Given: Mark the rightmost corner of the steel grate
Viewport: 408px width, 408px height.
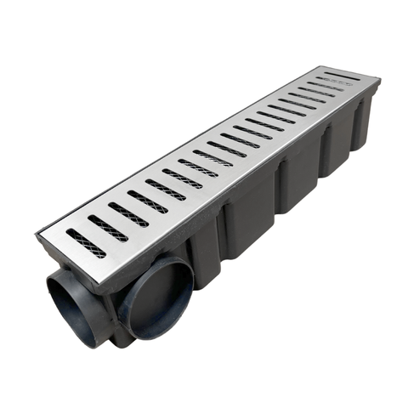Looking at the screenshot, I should pyautogui.click(x=380, y=82).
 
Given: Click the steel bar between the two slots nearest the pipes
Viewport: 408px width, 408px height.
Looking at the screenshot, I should pyautogui.click(x=95, y=237).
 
